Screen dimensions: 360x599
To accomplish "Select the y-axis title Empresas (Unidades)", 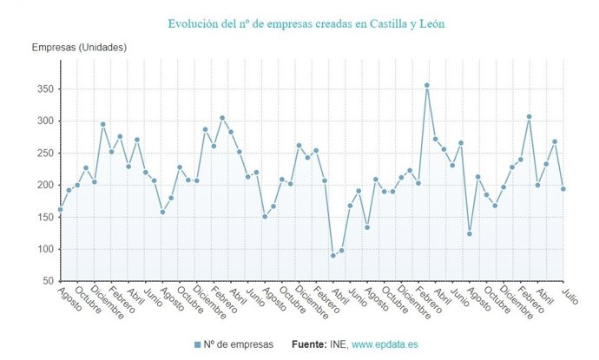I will pos(79,47).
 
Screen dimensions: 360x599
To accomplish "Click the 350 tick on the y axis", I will pos(43,89).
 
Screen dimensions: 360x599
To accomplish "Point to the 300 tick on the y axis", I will pos(43,121).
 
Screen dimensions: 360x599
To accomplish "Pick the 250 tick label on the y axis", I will pos(43,154).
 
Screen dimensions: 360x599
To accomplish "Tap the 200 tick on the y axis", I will pos(43,186).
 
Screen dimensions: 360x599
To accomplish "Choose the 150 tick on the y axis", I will pos(43,218).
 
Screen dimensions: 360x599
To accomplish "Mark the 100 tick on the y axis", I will pos(43,250).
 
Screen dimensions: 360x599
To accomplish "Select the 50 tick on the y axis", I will pos(46,282).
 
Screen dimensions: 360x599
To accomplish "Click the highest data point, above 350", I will pos(426,85).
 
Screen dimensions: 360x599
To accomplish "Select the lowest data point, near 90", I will pos(332,256).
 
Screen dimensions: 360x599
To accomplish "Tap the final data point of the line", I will pos(563,189).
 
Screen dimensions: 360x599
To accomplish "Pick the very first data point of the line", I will pos(60,209).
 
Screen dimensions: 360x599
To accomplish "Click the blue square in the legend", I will pos(198,345).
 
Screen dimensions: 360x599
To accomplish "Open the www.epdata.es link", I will pos(385,345).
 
